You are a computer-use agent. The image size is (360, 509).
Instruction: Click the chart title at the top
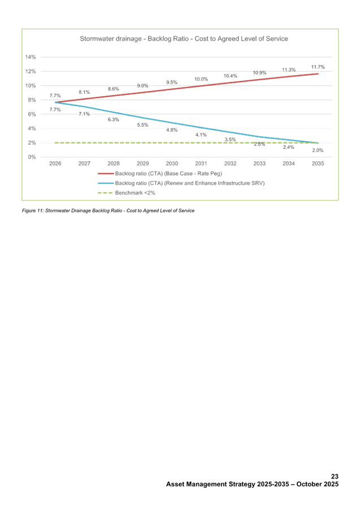[x=184, y=39]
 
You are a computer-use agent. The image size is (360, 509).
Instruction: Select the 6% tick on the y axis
[x=32, y=114]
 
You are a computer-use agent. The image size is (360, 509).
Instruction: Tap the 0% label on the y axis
[x=32, y=156]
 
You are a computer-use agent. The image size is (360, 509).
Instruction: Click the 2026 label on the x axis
[x=55, y=164]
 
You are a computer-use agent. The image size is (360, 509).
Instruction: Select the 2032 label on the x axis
[x=231, y=164]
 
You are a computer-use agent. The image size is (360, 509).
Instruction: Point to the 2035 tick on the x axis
[x=318, y=164]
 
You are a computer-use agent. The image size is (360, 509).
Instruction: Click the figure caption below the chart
[x=108, y=211]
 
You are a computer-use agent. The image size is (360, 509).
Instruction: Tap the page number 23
[x=335, y=477]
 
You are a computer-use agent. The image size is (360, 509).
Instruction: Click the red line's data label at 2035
[x=318, y=67]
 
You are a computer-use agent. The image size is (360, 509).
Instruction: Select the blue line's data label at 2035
[x=318, y=151]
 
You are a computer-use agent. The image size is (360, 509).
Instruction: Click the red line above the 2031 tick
[x=201, y=86]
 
